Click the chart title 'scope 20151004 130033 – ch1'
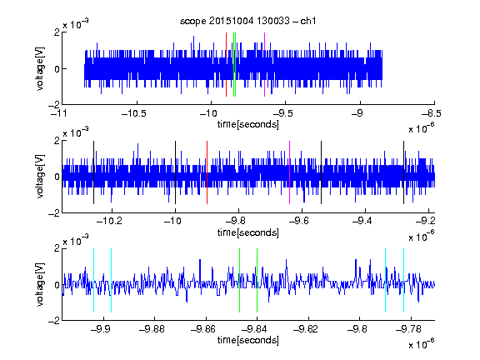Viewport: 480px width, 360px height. tap(247, 21)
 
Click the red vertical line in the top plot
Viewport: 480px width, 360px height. tap(226, 65)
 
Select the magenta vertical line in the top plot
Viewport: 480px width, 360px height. tap(264, 65)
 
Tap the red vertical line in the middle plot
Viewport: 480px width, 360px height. tap(207, 172)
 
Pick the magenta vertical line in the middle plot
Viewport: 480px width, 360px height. tap(290, 172)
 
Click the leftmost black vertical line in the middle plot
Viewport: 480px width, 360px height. tap(93, 172)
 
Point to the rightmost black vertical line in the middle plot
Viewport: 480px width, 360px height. tap(404, 172)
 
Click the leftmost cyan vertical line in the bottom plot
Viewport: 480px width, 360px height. tap(93, 280)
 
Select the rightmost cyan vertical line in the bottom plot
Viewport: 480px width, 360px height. tap(404, 280)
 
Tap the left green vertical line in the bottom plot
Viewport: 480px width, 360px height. tap(239, 280)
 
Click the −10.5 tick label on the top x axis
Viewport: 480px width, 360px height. tap(134, 113)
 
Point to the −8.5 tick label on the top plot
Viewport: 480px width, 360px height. tap(431, 113)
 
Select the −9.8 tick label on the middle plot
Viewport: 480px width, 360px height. tap(238, 221)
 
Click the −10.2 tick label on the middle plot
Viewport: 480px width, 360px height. tap(110, 221)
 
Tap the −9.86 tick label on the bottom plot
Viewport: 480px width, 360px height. tap(203, 329)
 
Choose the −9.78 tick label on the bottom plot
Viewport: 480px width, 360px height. tap(408, 329)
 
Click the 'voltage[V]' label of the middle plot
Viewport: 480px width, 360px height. tap(40, 176)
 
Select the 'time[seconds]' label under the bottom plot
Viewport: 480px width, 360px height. tap(248, 340)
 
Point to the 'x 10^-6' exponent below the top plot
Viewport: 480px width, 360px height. tap(422, 128)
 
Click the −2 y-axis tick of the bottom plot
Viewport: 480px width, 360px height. tap(54, 321)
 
